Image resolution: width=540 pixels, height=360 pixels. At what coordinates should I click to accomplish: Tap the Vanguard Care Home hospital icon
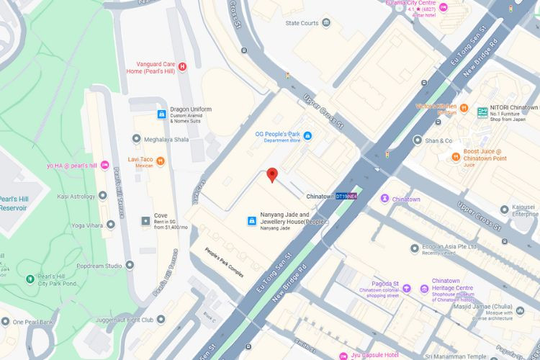(182, 66)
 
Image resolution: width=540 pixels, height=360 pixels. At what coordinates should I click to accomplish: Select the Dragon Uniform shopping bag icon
(162, 114)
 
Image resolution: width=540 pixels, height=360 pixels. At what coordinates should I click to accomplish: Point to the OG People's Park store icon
(307, 135)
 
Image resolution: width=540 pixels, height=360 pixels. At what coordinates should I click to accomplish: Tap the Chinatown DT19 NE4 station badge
(347, 197)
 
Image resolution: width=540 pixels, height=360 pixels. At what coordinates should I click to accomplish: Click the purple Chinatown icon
(385, 199)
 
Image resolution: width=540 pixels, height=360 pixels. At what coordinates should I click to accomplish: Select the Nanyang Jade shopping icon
(253, 220)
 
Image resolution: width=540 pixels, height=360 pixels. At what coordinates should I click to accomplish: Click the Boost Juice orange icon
(456, 156)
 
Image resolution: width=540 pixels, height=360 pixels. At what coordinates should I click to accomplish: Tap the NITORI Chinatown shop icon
(482, 112)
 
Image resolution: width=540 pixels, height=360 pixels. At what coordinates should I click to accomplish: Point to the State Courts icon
(327, 23)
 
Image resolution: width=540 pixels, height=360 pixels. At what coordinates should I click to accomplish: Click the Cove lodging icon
(143, 217)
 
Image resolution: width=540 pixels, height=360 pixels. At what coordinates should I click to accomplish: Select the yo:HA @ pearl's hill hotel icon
(104, 166)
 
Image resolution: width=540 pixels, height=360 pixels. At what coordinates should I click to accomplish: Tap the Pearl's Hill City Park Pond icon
(29, 278)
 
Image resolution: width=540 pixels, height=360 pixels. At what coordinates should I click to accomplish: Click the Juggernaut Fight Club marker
(161, 320)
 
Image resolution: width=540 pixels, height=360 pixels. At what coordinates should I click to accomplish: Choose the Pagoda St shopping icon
(407, 289)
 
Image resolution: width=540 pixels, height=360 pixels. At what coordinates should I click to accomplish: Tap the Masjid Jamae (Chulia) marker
(518, 311)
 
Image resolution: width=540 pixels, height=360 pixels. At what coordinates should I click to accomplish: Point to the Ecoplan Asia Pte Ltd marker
(415, 248)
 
